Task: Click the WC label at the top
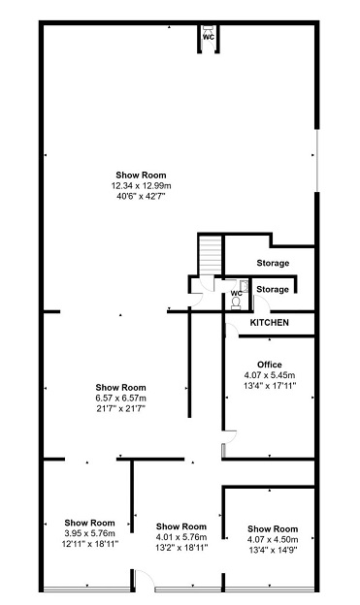click(209, 38)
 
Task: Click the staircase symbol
click(211, 255)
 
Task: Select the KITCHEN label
click(269, 323)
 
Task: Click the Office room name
click(270, 365)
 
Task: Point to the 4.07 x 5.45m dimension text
click(270, 375)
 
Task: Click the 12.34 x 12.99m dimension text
click(142, 186)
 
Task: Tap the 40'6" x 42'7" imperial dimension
click(141, 197)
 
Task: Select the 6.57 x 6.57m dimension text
click(121, 398)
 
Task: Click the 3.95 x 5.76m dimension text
click(89, 533)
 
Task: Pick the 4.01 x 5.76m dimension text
click(181, 537)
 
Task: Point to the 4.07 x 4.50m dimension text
click(273, 539)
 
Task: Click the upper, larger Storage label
click(273, 263)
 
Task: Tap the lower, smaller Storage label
click(273, 289)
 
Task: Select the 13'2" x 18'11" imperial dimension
click(181, 547)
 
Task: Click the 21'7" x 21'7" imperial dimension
click(121, 408)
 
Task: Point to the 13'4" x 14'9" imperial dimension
click(273, 550)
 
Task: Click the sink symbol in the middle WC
click(244, 285)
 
